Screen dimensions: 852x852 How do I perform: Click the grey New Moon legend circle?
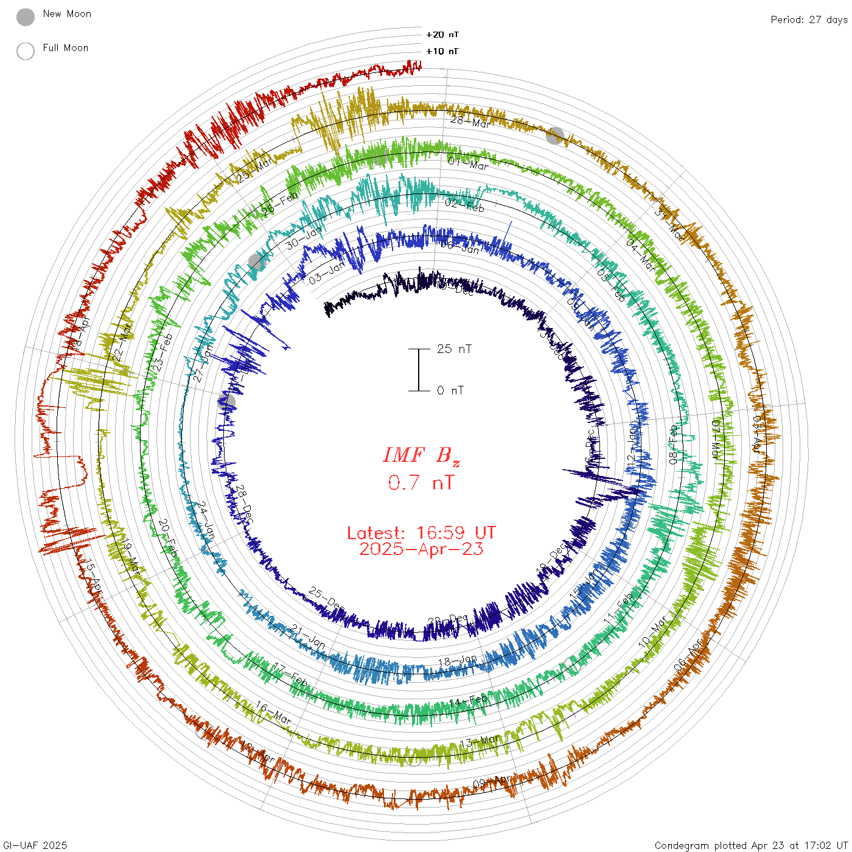pos(26,17)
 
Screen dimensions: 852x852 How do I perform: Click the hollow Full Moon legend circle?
pos(26,51)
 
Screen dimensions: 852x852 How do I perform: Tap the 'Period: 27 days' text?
pos(809,19)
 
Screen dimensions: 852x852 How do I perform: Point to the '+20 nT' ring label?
pos(442,35)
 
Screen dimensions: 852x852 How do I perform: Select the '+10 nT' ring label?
pos(442,51)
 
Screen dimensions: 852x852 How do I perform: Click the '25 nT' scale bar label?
pos(454,349)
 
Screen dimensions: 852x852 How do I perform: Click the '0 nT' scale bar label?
pos(450,390)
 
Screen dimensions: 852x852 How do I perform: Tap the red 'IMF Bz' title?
pos(421,455)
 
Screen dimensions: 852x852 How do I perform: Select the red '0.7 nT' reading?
pos(421,483)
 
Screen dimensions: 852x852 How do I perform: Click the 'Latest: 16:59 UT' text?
pos(421,533)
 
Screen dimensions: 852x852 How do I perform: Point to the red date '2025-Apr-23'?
pos(421,549)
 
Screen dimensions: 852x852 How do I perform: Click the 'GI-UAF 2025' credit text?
pos(35,845)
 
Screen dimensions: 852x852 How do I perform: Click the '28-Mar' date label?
pos(470,122)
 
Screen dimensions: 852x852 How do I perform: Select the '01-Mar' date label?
pos(468,163)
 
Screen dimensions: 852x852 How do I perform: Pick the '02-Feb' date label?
pos(464,205)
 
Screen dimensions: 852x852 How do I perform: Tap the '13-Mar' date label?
pos(480,742)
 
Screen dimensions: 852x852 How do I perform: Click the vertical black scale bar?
pos(419,369)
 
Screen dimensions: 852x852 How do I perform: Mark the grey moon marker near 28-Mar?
pos(554,136)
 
